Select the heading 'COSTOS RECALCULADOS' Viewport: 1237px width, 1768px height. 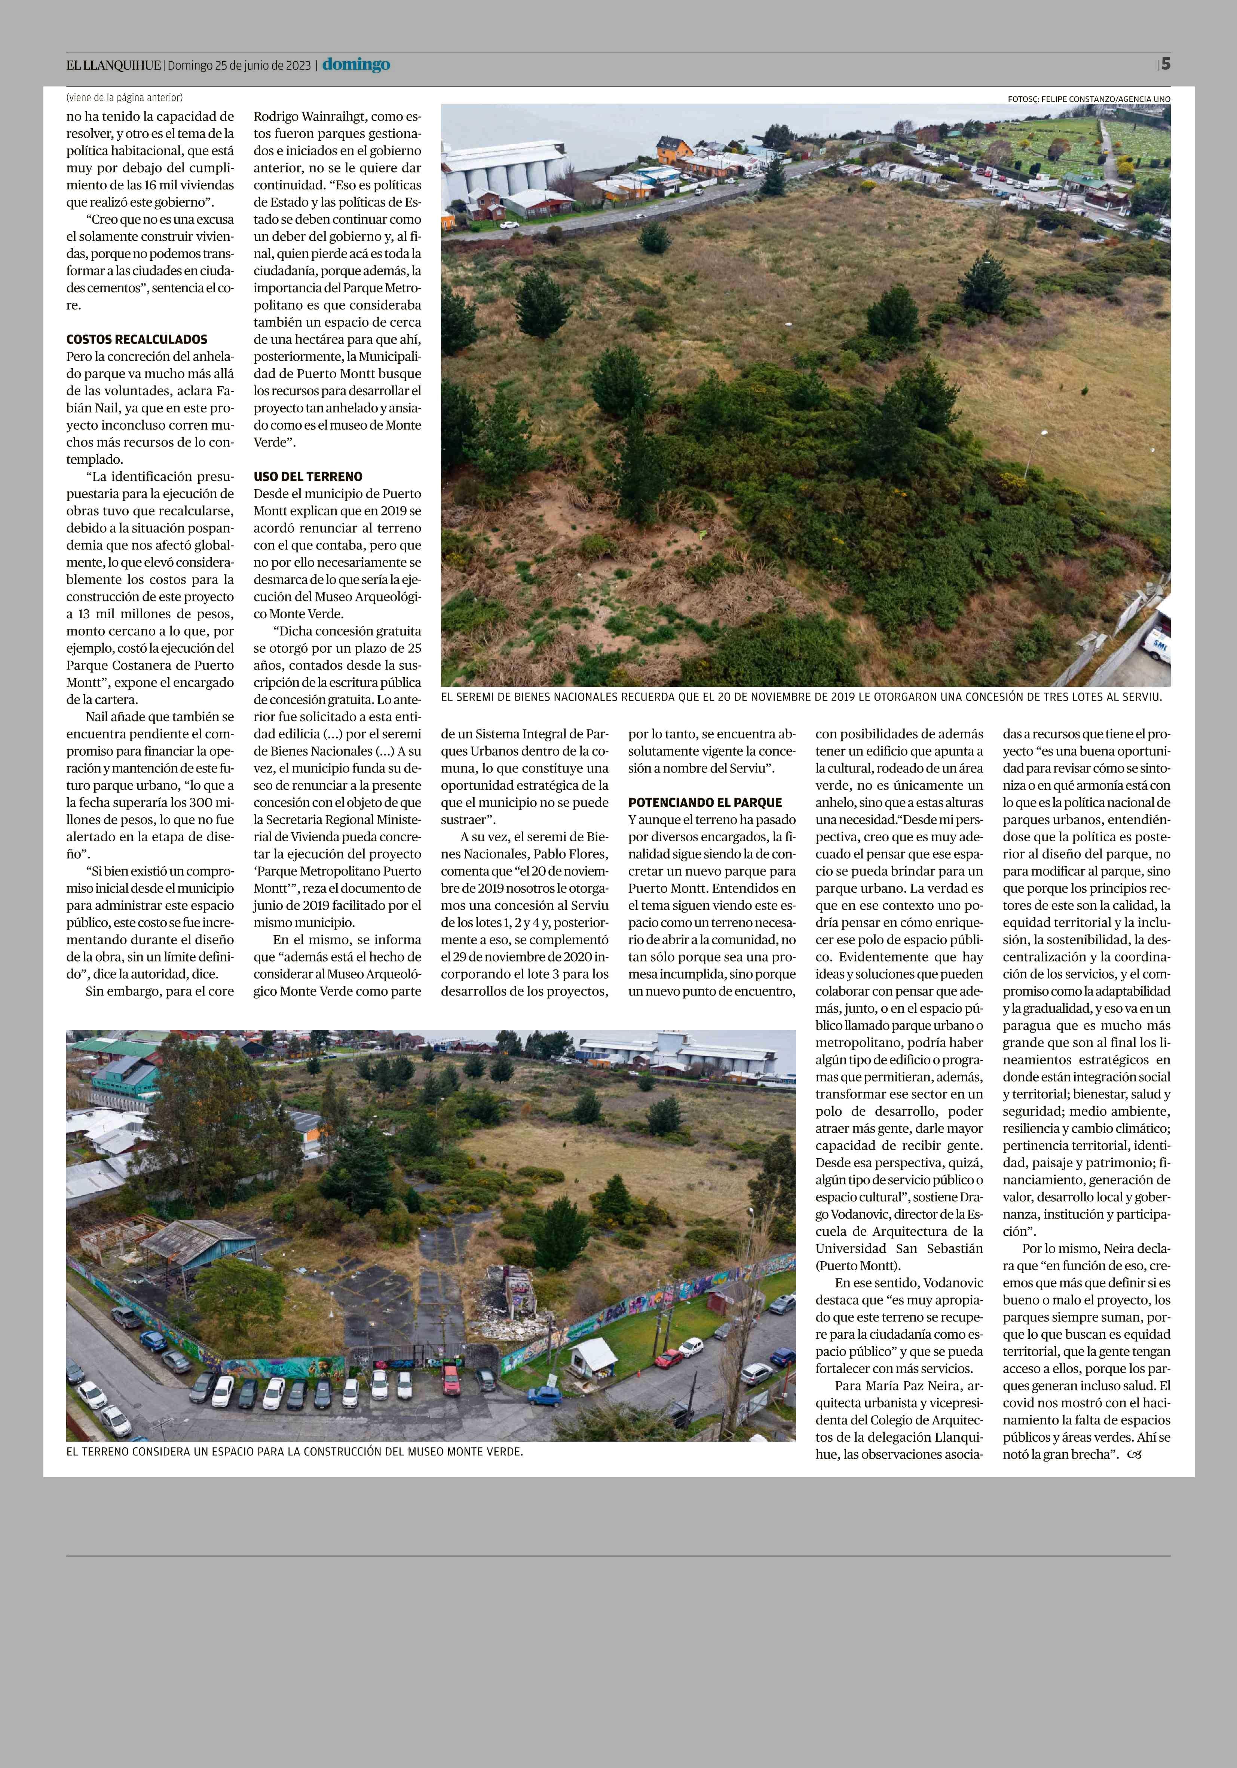pos(136,339)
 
